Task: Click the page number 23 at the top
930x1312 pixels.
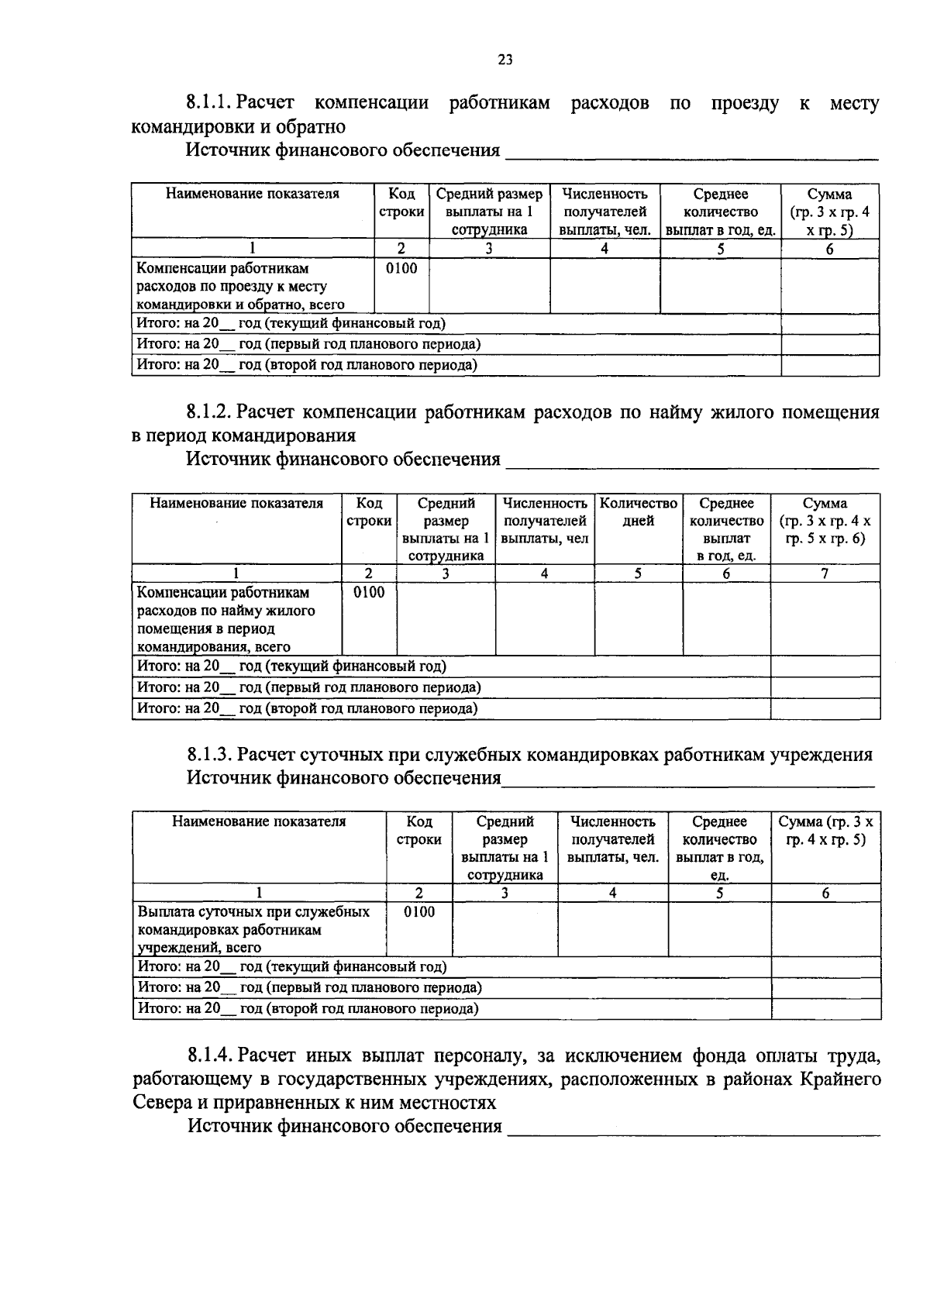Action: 505,60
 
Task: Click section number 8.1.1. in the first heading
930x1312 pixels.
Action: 208,103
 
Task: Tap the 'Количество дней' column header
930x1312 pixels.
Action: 639,512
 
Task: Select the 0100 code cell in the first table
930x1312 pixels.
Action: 401,269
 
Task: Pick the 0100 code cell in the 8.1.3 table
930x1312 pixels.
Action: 419,912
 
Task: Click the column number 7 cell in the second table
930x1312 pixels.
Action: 825,573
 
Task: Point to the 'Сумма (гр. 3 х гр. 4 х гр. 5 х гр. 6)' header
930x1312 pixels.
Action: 825,521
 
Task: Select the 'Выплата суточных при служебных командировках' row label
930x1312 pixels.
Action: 253,929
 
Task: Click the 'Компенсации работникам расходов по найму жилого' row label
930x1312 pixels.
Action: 226,611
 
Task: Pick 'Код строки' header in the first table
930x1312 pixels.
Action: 401,202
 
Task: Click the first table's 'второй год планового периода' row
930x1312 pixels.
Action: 306,365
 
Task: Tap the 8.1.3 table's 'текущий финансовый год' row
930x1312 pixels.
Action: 292,967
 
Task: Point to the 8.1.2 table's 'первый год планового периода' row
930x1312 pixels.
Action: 308,687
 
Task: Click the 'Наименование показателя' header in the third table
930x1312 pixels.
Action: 259,821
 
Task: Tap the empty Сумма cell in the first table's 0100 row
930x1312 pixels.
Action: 829,285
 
